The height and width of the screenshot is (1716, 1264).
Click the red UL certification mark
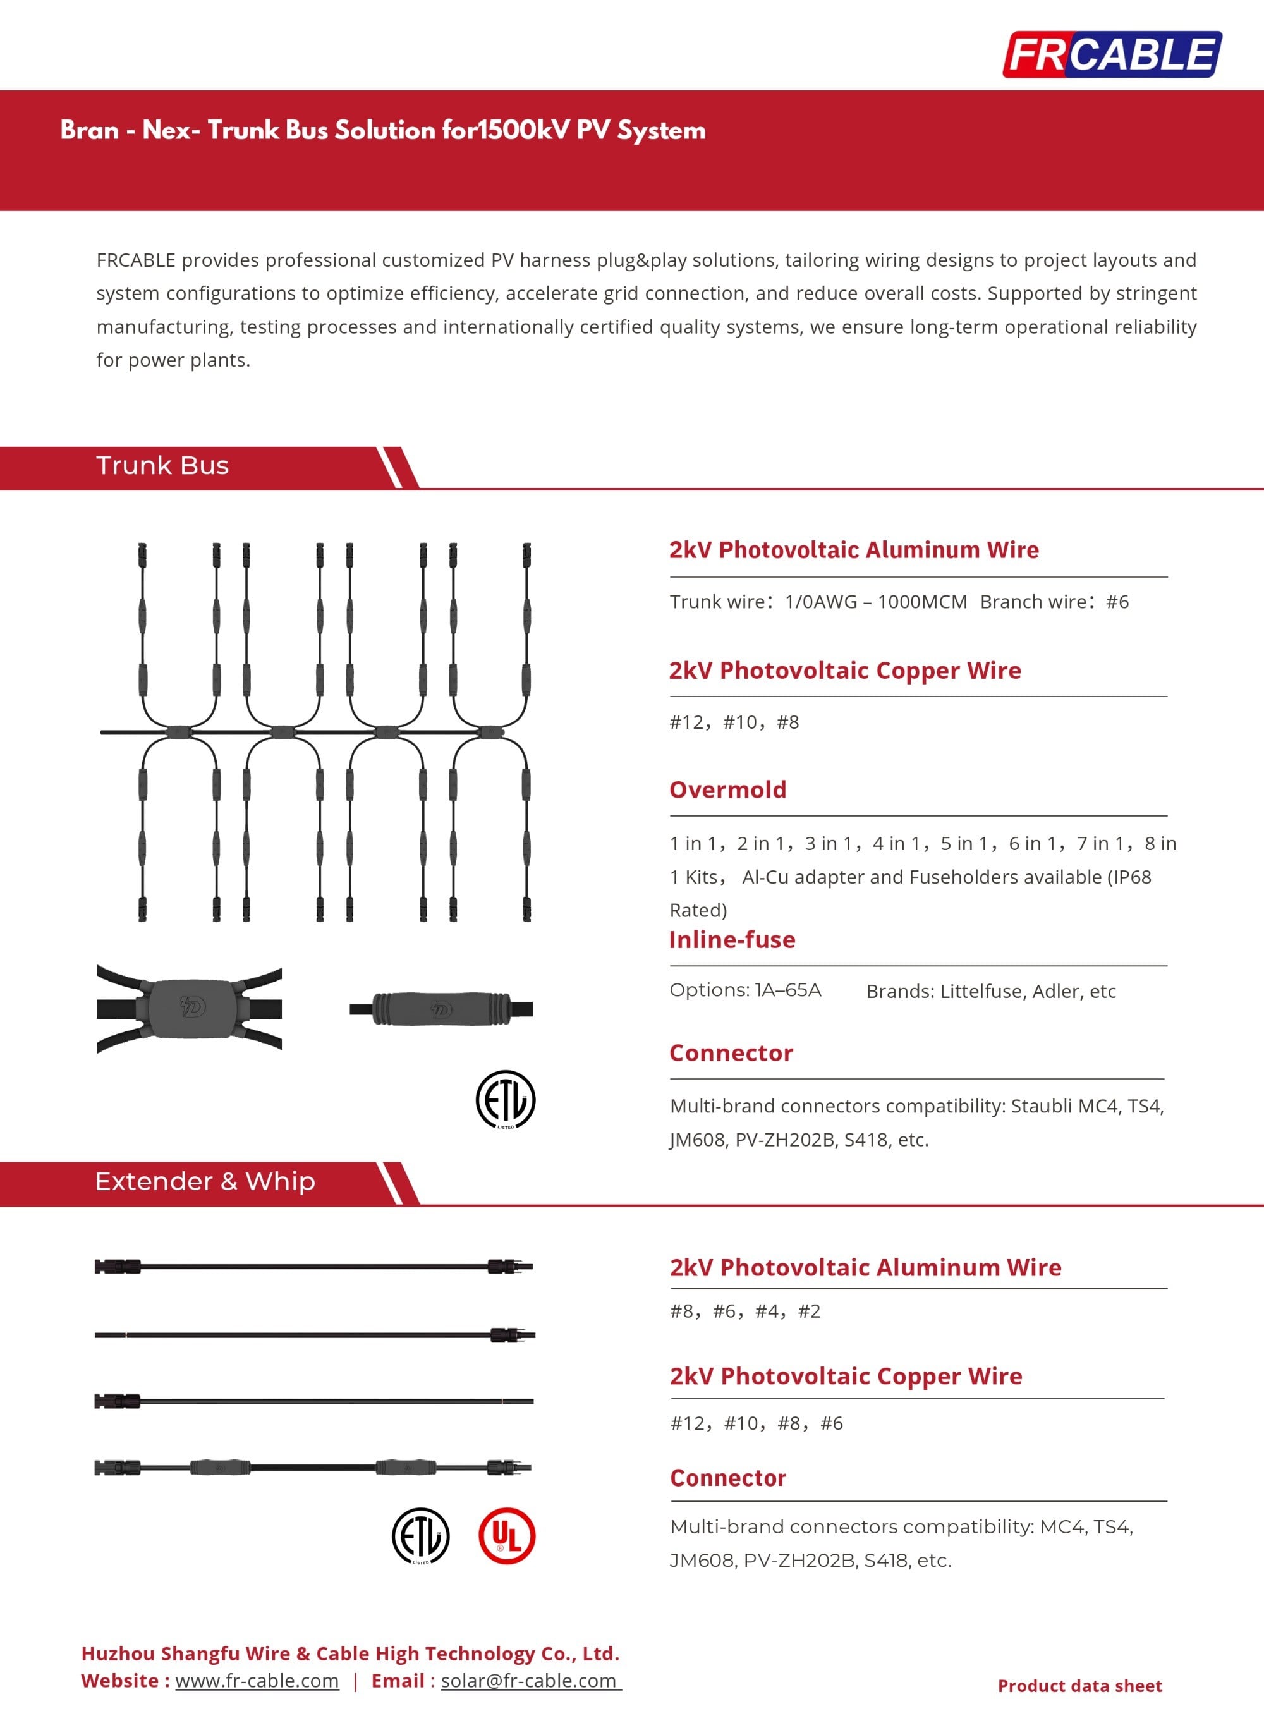tap(506, 1535)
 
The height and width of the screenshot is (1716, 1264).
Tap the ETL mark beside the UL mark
tap(420, 1535)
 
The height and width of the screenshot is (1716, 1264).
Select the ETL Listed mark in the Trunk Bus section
tap(505, 1098)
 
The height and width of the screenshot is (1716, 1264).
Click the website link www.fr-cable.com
tap(257, 1680)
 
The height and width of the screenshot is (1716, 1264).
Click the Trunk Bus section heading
tap(162, 465)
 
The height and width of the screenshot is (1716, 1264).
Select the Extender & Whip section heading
tap(204, 1181)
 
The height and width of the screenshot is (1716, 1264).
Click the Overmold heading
tap(727, 789)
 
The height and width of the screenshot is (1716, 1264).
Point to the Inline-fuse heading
tap(732, 939)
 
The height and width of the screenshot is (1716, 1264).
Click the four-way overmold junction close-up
tap(189, 1007)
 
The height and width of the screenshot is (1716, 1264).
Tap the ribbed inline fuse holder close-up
tap(440, 1007)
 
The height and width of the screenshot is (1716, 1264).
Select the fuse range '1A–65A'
tap(787, 990)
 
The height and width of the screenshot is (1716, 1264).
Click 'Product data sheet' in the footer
tap(1079, 1686)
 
